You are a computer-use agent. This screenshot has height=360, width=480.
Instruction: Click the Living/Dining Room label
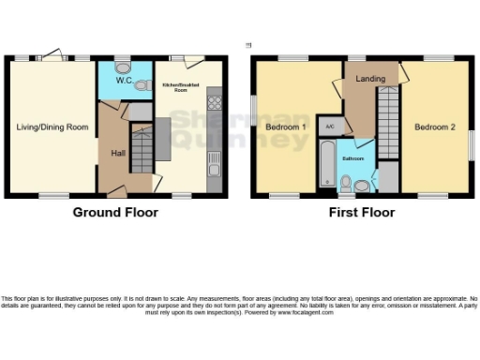(51, 125)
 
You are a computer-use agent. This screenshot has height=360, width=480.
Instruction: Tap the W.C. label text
(123, 81)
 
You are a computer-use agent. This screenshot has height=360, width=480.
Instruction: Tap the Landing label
(370, 79)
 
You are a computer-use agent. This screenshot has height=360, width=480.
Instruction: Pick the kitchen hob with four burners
(214, 99)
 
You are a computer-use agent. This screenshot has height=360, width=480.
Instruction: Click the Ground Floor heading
(115, 213)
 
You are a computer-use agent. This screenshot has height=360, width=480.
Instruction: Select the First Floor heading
(361, 213)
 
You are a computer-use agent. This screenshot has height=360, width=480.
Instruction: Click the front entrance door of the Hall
(116, 192)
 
